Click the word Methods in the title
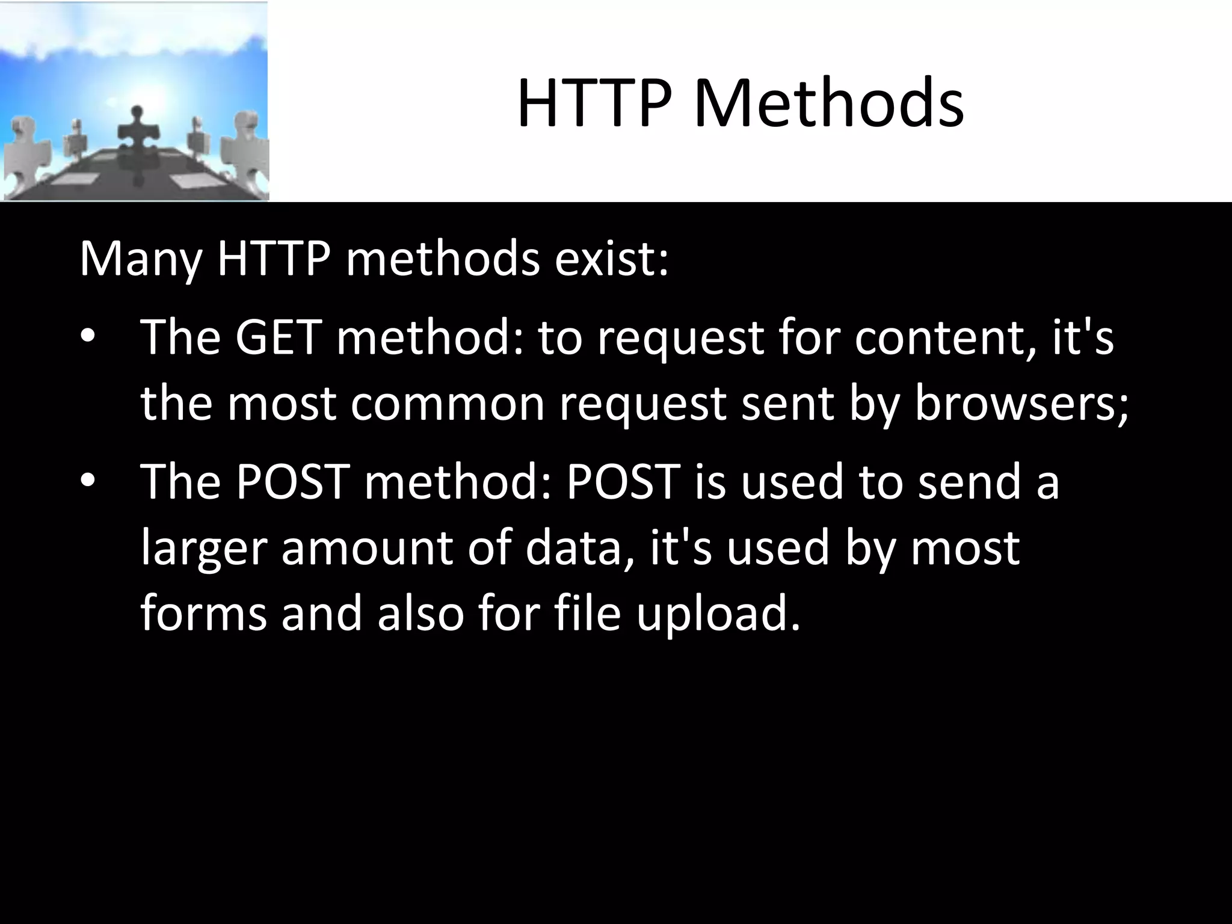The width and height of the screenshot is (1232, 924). [829, 103]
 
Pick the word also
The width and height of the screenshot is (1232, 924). [420, 614]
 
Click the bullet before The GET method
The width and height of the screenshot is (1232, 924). [87, 337]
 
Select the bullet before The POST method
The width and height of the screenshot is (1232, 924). [87, 481]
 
